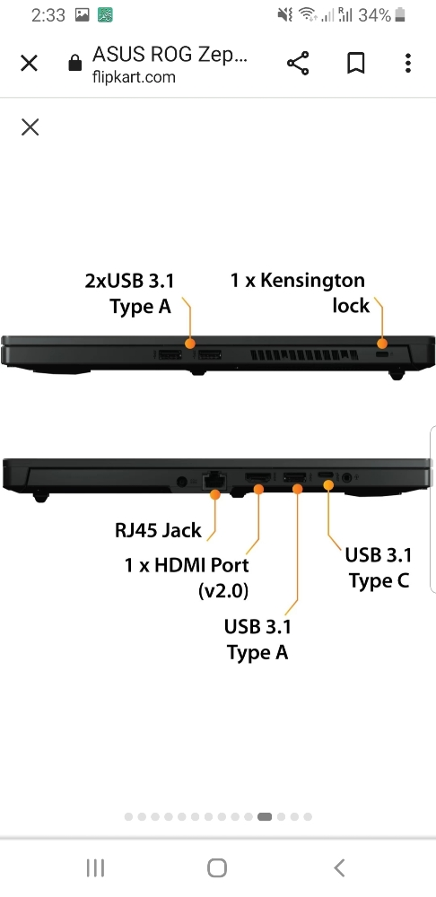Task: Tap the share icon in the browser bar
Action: point(298,63)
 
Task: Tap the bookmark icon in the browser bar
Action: point(356,63)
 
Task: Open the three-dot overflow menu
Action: point(407,63)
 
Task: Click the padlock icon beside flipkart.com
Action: point(75,63)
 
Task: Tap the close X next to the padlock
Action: point(30,63)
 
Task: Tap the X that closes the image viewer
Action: point(30,127)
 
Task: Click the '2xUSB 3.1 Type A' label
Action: point(129,293)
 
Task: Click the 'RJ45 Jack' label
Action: point(159,530)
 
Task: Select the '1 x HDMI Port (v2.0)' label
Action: point(187,578)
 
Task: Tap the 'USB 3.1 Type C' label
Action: point(379,568)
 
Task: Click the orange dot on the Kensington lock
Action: point(382,344)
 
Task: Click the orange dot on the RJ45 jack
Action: point(215,495)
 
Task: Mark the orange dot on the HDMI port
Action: point(258,489)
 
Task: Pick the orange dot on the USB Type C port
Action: point(328,485)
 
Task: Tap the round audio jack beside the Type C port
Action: point(346,475)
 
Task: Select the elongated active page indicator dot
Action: point(265,817)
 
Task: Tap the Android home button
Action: point(217,867)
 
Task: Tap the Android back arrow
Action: point(339,867)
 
